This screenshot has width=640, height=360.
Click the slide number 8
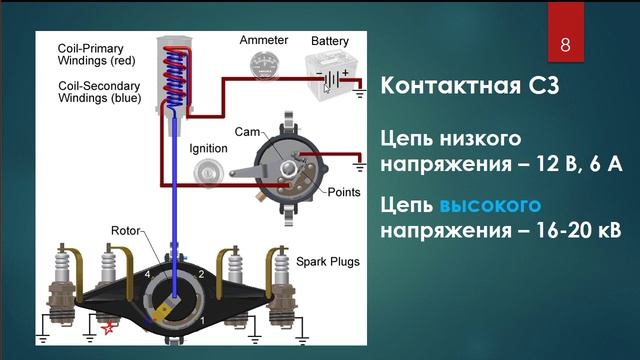(565, 45)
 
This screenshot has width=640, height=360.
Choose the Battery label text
(330, 41)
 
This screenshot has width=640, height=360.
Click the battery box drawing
(329, 75)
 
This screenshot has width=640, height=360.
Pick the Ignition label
(208, 148)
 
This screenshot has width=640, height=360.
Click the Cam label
(247, 132)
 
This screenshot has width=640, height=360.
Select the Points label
(344, 190)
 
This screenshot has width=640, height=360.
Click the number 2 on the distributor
(201, 273)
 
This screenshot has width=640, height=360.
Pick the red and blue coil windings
(176, 75)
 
